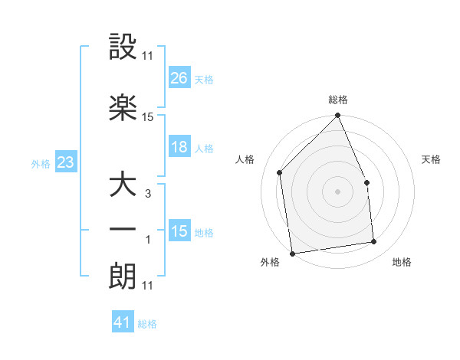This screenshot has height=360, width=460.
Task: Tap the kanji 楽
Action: pyautogui.click(x=123, y=107)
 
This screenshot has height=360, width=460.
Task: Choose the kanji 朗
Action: pyautogui.click(x=123, y=276)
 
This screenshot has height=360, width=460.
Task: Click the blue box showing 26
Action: pyautogui.click(x=179, y=77)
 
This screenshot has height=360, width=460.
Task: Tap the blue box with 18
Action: pyautogui.click(x=179, y=147)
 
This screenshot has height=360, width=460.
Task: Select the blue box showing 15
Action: pyautogui.click(x=179, y=231)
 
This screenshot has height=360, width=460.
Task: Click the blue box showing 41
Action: pyautogui.click(x=123, y=322)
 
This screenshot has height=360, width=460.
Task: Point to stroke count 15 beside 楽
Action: pyautogui.click(x=148, y=117)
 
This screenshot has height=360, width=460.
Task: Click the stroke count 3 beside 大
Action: pyautogui.click(x=147, y=194)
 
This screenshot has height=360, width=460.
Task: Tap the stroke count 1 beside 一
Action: pyautogui.click(x=148, y=240)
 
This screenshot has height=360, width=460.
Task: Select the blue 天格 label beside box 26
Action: pyautogui.click(x=204, y=79)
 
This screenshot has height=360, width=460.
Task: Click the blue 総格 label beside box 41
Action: pyautogui.click(x=147, y=324)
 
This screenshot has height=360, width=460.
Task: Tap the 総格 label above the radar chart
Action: pyautogui.click(x=337, y=100)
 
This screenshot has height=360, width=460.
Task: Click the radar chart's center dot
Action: pyautogui.click(x=337, y=191)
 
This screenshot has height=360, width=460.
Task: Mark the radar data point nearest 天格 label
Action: pyautogui.click(x=366, y=182)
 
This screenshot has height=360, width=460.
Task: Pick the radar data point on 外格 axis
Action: pyautogui.click(x=292, y=253)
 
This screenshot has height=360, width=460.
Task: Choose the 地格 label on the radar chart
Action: pyautogui.click(x=402, y=263)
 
